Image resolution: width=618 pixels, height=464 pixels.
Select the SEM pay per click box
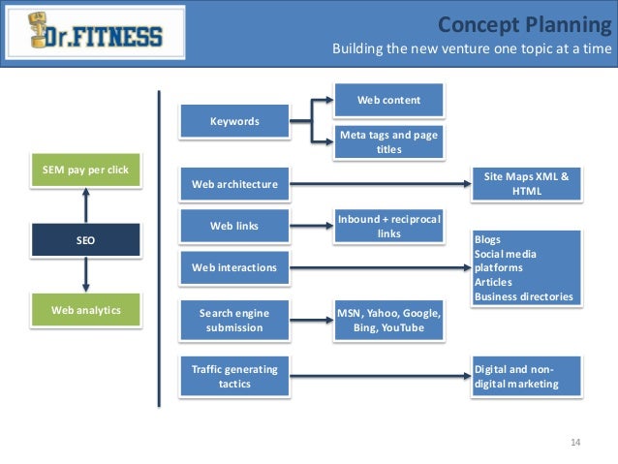point(86,170)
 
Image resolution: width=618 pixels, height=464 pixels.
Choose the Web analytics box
point(86,311)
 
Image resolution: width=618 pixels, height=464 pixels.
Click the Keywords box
point(234,121)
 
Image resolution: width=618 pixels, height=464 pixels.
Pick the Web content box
point(388,100)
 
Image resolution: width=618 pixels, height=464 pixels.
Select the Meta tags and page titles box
point(388,141)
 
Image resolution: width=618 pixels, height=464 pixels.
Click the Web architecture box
point(234,184)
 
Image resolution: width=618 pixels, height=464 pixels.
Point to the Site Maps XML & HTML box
point(526,183)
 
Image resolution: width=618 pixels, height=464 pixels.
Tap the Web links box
point(234,226)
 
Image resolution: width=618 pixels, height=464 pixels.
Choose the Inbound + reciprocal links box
point(388,226)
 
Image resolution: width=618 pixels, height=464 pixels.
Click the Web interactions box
point(234,267)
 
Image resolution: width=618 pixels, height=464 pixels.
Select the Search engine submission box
point(234,320)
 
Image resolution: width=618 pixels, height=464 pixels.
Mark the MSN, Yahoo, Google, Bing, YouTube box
point(388,321)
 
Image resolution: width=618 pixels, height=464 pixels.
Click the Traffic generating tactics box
point(234,376)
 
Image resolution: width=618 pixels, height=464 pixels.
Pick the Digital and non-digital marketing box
point(526,376)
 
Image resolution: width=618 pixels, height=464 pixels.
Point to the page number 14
point(575,443)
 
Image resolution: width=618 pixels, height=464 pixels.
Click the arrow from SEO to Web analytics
point(86,276)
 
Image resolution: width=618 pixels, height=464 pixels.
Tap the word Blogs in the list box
point(489,238)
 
